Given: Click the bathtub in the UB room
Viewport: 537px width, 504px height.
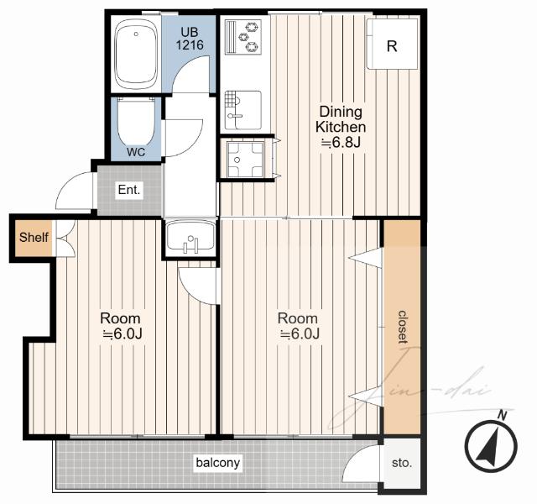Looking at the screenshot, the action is click(136, 54).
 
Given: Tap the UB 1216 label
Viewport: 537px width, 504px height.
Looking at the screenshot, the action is click(190, 39).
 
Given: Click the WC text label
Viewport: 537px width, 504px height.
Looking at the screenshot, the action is click(136, 152).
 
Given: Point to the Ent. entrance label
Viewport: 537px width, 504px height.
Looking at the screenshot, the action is click(129, 190).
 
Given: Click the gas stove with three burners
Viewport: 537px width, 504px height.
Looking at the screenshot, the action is click(243, 37).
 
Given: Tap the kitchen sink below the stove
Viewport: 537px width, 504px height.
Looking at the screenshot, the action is click(243, 110).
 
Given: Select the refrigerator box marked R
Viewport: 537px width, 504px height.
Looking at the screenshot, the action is click(392, 44).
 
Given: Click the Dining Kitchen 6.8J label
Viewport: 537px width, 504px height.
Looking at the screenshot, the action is click(341, 127).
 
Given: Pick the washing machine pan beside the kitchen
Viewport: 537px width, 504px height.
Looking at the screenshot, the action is click(246, 160).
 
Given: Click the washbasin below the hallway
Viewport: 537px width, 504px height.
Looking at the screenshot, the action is click(190, 237).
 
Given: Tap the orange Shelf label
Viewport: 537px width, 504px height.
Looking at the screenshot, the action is click(34, 237).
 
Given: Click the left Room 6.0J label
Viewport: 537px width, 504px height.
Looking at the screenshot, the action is click(121, 326).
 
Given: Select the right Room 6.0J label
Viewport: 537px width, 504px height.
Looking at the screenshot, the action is click(299, 326).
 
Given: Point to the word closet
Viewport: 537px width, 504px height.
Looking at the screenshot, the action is click(403, 327).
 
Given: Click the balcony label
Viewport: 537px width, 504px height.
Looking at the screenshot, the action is click(218, 463).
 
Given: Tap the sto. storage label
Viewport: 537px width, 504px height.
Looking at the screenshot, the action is click(401, 463).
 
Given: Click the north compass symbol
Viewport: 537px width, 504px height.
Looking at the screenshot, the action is click(492, 446).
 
